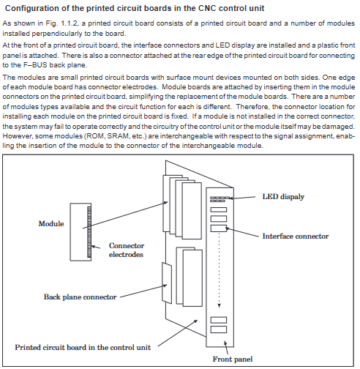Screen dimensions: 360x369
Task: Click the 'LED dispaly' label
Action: click(283, 197)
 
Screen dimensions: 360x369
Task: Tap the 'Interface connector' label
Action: click(296, 236)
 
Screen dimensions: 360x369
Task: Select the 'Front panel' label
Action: click(233, 359)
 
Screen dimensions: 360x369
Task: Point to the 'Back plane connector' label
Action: click(80, 297)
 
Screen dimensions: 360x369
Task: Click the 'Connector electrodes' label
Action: click(127, 250)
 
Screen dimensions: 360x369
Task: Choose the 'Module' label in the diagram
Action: click(51, 223)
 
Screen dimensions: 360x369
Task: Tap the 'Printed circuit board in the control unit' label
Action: click(83, 347)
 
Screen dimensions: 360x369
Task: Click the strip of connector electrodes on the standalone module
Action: click(89, 232)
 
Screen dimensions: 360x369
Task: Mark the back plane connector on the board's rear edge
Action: click(167, 283)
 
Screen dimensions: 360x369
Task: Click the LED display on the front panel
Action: click(220, 199)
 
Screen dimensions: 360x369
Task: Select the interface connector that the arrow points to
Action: click(219, 228)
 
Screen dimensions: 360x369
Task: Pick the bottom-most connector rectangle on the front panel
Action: click(219, 329)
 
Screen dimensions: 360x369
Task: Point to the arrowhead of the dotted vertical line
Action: click(219, 305)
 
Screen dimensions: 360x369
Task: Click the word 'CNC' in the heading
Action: click(207, 8)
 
